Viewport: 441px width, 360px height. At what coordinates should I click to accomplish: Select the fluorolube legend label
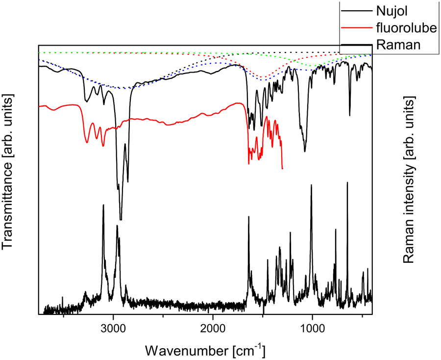coord(404,28)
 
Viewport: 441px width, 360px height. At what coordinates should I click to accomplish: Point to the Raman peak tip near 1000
coord(311,185)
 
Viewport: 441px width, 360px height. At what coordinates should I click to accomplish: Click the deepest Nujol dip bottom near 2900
coord(121,220)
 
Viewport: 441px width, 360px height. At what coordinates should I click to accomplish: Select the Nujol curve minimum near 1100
coord(305,151)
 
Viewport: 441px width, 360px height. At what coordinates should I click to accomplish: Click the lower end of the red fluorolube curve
coord(282,168)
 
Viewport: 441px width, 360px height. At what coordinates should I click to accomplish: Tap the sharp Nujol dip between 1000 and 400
coord(349,115)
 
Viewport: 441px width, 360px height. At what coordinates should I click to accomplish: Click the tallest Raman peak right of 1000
coord(347,182)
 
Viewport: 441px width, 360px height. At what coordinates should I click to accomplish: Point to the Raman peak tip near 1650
coord(248,217)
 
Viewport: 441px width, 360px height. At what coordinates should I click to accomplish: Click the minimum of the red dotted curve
coord(264,77)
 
